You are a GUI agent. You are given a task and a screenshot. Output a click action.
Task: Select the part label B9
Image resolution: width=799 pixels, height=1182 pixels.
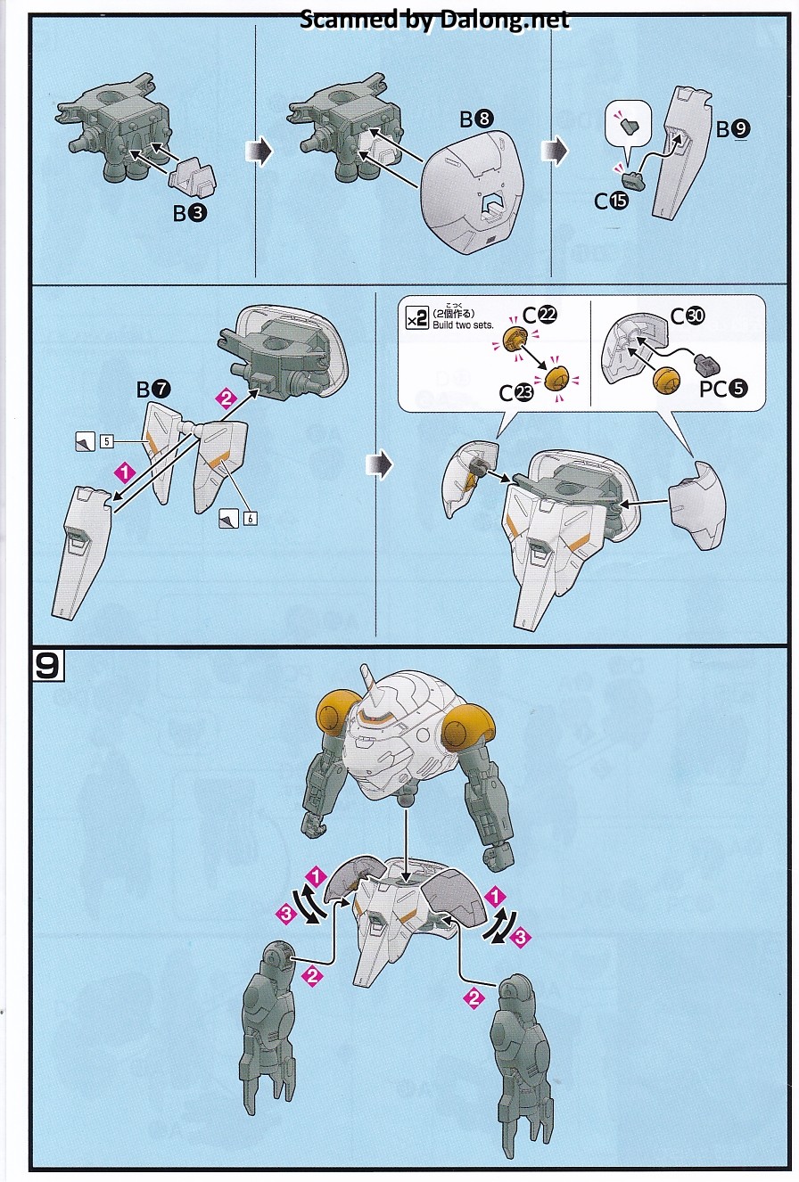click(733, 129)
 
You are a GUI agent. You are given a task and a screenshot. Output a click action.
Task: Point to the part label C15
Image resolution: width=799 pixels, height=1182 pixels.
click(611, 201)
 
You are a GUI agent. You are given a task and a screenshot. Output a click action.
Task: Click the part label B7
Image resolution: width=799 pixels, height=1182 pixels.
click(151, 388)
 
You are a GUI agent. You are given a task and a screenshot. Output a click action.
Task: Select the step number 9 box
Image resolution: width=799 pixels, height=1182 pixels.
click(48, 667)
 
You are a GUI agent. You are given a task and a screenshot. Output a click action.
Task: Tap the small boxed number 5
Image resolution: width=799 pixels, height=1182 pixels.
click(105, 440)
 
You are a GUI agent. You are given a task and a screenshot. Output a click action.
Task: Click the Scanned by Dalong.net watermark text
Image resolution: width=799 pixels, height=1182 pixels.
click(434, 19)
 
